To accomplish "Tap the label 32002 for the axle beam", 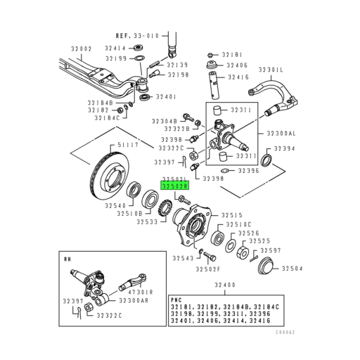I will pyautogui.click(x=82, y=49).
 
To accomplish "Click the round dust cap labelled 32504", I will pyautogui.click(x=266, y=267).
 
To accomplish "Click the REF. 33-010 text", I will pyautogui.click(x=134, y=33).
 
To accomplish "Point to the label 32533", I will pyautogui.click(x=146, y=221).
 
